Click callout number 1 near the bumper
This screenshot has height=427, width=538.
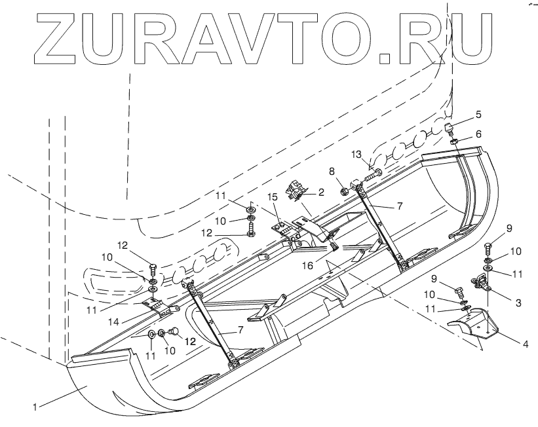tap(34, 407)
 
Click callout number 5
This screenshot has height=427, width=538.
tap(479, 114)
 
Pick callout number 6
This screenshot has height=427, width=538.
tap(478, 133)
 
